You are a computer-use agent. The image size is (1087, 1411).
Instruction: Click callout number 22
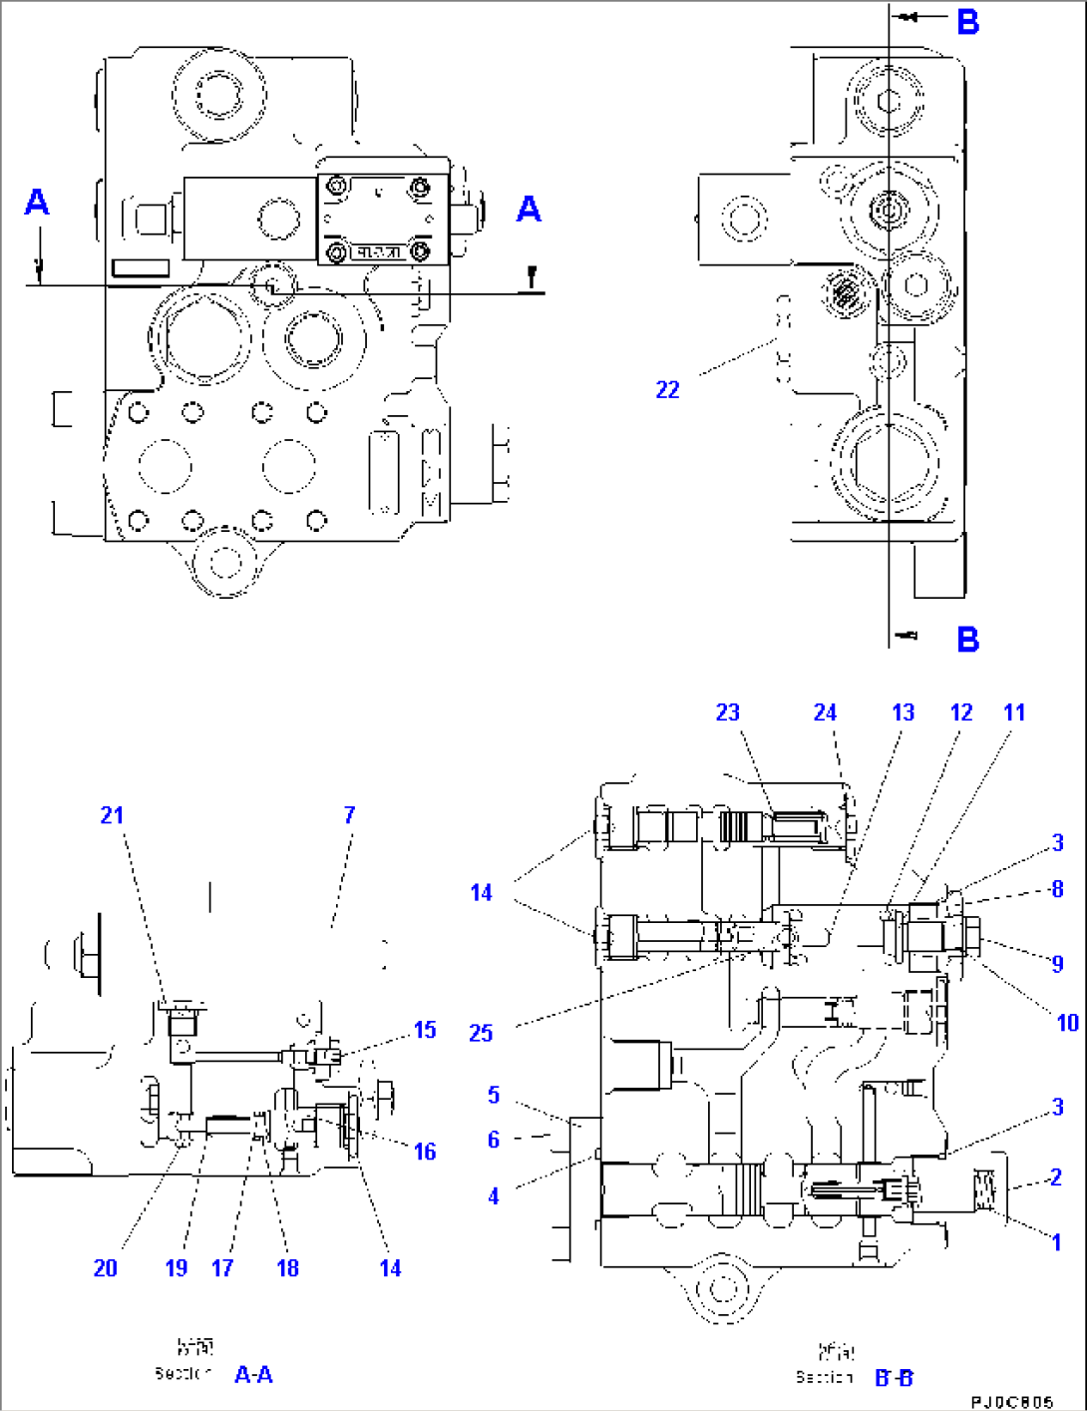click(667, 390)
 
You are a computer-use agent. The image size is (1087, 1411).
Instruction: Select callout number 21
click(112, 815)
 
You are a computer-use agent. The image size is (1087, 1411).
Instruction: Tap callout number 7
click(349, 815)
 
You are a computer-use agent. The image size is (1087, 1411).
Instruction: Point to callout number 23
click(728, 712)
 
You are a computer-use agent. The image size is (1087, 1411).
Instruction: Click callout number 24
click(825, 712)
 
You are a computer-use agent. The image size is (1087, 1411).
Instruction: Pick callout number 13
click(903, 712)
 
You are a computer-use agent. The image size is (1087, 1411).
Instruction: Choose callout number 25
click(481, 1033)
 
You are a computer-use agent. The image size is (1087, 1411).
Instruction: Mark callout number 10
click(1067, 1023)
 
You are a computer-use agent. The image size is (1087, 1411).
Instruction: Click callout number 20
click(105, 1268)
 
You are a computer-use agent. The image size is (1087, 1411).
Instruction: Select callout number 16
click(425, 1152)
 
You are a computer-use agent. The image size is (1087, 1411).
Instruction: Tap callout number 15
click(425, 1030)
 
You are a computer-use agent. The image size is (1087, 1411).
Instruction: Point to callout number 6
click(493, 1140)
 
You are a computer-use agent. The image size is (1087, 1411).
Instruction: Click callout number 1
click(1056, 1242)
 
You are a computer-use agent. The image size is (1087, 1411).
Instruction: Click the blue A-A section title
click(253, 1375)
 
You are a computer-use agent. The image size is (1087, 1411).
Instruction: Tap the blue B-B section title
click(894, 1378)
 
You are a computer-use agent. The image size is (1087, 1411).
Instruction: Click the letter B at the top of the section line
click(967, 22)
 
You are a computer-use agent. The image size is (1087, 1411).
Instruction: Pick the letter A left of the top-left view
click(37, 203)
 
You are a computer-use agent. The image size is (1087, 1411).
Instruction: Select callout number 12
click(960, 712)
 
